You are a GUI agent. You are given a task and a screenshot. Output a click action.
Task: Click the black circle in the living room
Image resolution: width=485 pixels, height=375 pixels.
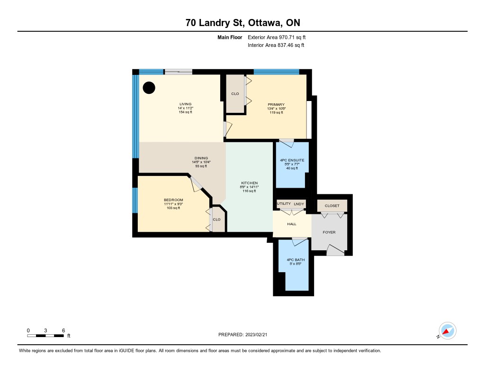[x=149, y=88]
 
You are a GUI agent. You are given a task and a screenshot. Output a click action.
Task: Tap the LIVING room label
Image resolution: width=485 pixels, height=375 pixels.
[x=186, y=104]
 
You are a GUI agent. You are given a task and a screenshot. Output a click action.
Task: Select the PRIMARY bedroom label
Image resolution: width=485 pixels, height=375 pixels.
[x=276, y=105]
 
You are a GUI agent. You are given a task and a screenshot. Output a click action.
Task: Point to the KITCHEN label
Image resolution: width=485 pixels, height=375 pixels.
[x=249, y=183]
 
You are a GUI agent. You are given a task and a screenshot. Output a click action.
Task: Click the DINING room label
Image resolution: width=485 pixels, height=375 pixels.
[x=201, y=158]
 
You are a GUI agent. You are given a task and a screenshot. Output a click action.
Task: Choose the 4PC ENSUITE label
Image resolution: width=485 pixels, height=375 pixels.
[x=292, y=160]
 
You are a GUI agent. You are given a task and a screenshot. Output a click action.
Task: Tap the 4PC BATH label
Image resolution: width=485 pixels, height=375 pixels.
[x=296, y=260]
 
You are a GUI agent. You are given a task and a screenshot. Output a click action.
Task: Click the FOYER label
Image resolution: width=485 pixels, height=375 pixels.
[x=329, y=232]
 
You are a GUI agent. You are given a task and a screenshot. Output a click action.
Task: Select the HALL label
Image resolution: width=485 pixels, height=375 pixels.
[x=292, y=224]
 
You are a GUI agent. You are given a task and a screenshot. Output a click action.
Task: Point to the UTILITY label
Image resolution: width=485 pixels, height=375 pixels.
[x=284, y=203]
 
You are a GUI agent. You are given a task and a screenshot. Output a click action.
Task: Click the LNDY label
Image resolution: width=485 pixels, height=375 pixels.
[x=299, y=204]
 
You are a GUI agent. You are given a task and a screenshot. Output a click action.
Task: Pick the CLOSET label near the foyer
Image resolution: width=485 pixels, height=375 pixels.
[x=332, y=206]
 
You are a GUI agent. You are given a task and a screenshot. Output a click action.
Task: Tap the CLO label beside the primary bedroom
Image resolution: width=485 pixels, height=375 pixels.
[x=235, y=93]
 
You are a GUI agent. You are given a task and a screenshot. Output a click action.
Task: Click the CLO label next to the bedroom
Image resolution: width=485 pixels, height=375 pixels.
[x=216, y=220]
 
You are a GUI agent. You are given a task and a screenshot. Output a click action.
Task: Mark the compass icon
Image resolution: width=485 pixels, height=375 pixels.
[x=447, y=331]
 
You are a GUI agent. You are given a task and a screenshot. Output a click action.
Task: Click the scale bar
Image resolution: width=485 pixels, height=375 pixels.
[x=45, y=336]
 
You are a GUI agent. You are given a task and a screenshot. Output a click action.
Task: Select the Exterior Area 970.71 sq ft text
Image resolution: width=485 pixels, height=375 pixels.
[x=277, y=37]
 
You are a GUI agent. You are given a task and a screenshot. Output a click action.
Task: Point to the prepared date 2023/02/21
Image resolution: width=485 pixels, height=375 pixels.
[x=256, y=335]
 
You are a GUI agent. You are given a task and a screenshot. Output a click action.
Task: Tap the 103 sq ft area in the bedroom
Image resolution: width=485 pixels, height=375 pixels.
[x=173, y=208]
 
